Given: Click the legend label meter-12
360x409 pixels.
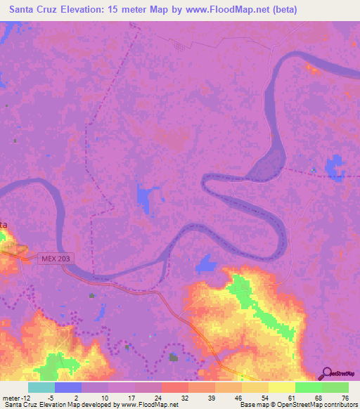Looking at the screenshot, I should pyautogui.click(x=14, y=397).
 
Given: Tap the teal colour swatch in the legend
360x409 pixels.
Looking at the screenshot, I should pyautogui.click(x=41, y=387).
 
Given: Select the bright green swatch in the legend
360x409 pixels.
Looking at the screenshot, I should pyautogui.click(x=308, y=387).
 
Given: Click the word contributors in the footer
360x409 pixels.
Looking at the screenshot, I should pyautogui.click(x=338, y=405).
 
